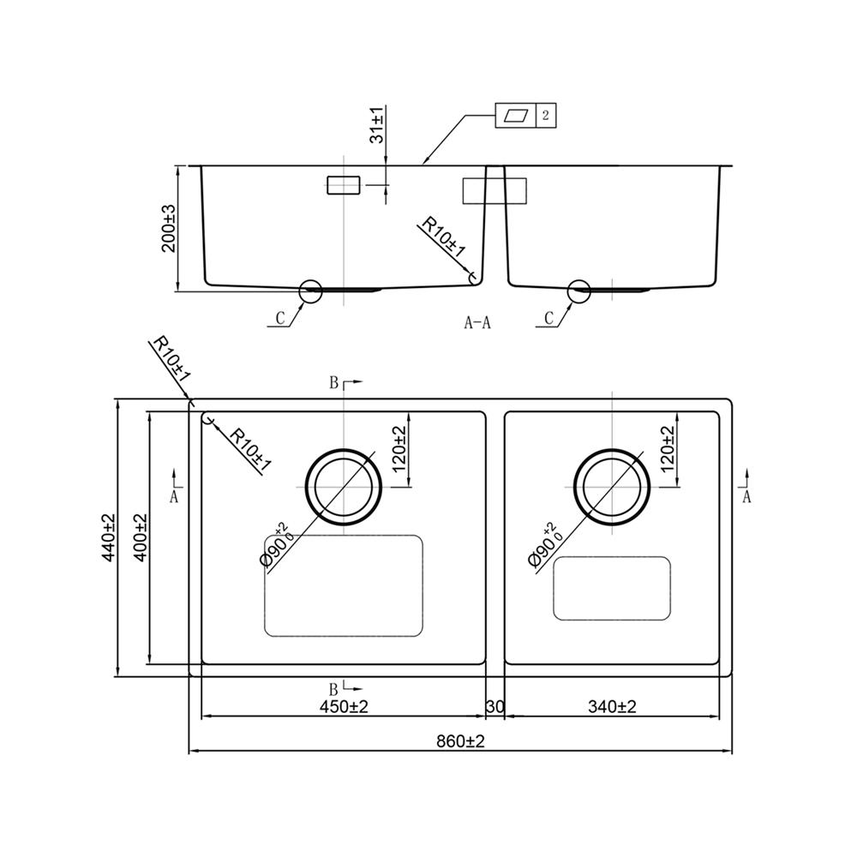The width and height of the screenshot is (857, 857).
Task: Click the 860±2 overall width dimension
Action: pos(459,740)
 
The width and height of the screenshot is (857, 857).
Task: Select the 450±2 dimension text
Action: pos(344,707)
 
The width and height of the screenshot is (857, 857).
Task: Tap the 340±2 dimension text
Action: pos(612,707)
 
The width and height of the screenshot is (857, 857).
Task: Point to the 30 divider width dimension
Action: pos(494,707)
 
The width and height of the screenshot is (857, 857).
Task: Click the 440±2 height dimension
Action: pos(108,538)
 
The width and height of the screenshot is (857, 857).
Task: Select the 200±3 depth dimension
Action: pos(169,227)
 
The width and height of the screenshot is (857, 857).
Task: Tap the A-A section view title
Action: pos(476,323)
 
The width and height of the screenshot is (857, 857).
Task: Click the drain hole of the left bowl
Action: pos(344,486)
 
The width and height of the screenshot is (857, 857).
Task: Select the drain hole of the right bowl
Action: pos(612,486)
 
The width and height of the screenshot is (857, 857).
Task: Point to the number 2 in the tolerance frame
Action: pos(546,116)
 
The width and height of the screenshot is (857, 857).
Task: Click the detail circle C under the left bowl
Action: pos(310,291)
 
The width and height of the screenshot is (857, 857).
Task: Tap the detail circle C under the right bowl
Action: pos(579,291)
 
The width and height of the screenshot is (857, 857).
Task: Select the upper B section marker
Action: pos(335,383)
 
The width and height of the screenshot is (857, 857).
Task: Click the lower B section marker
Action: pos(335,687)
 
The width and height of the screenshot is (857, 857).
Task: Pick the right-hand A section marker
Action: pos(746,496)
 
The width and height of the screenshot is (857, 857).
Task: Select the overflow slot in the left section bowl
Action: pos(344,185)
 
